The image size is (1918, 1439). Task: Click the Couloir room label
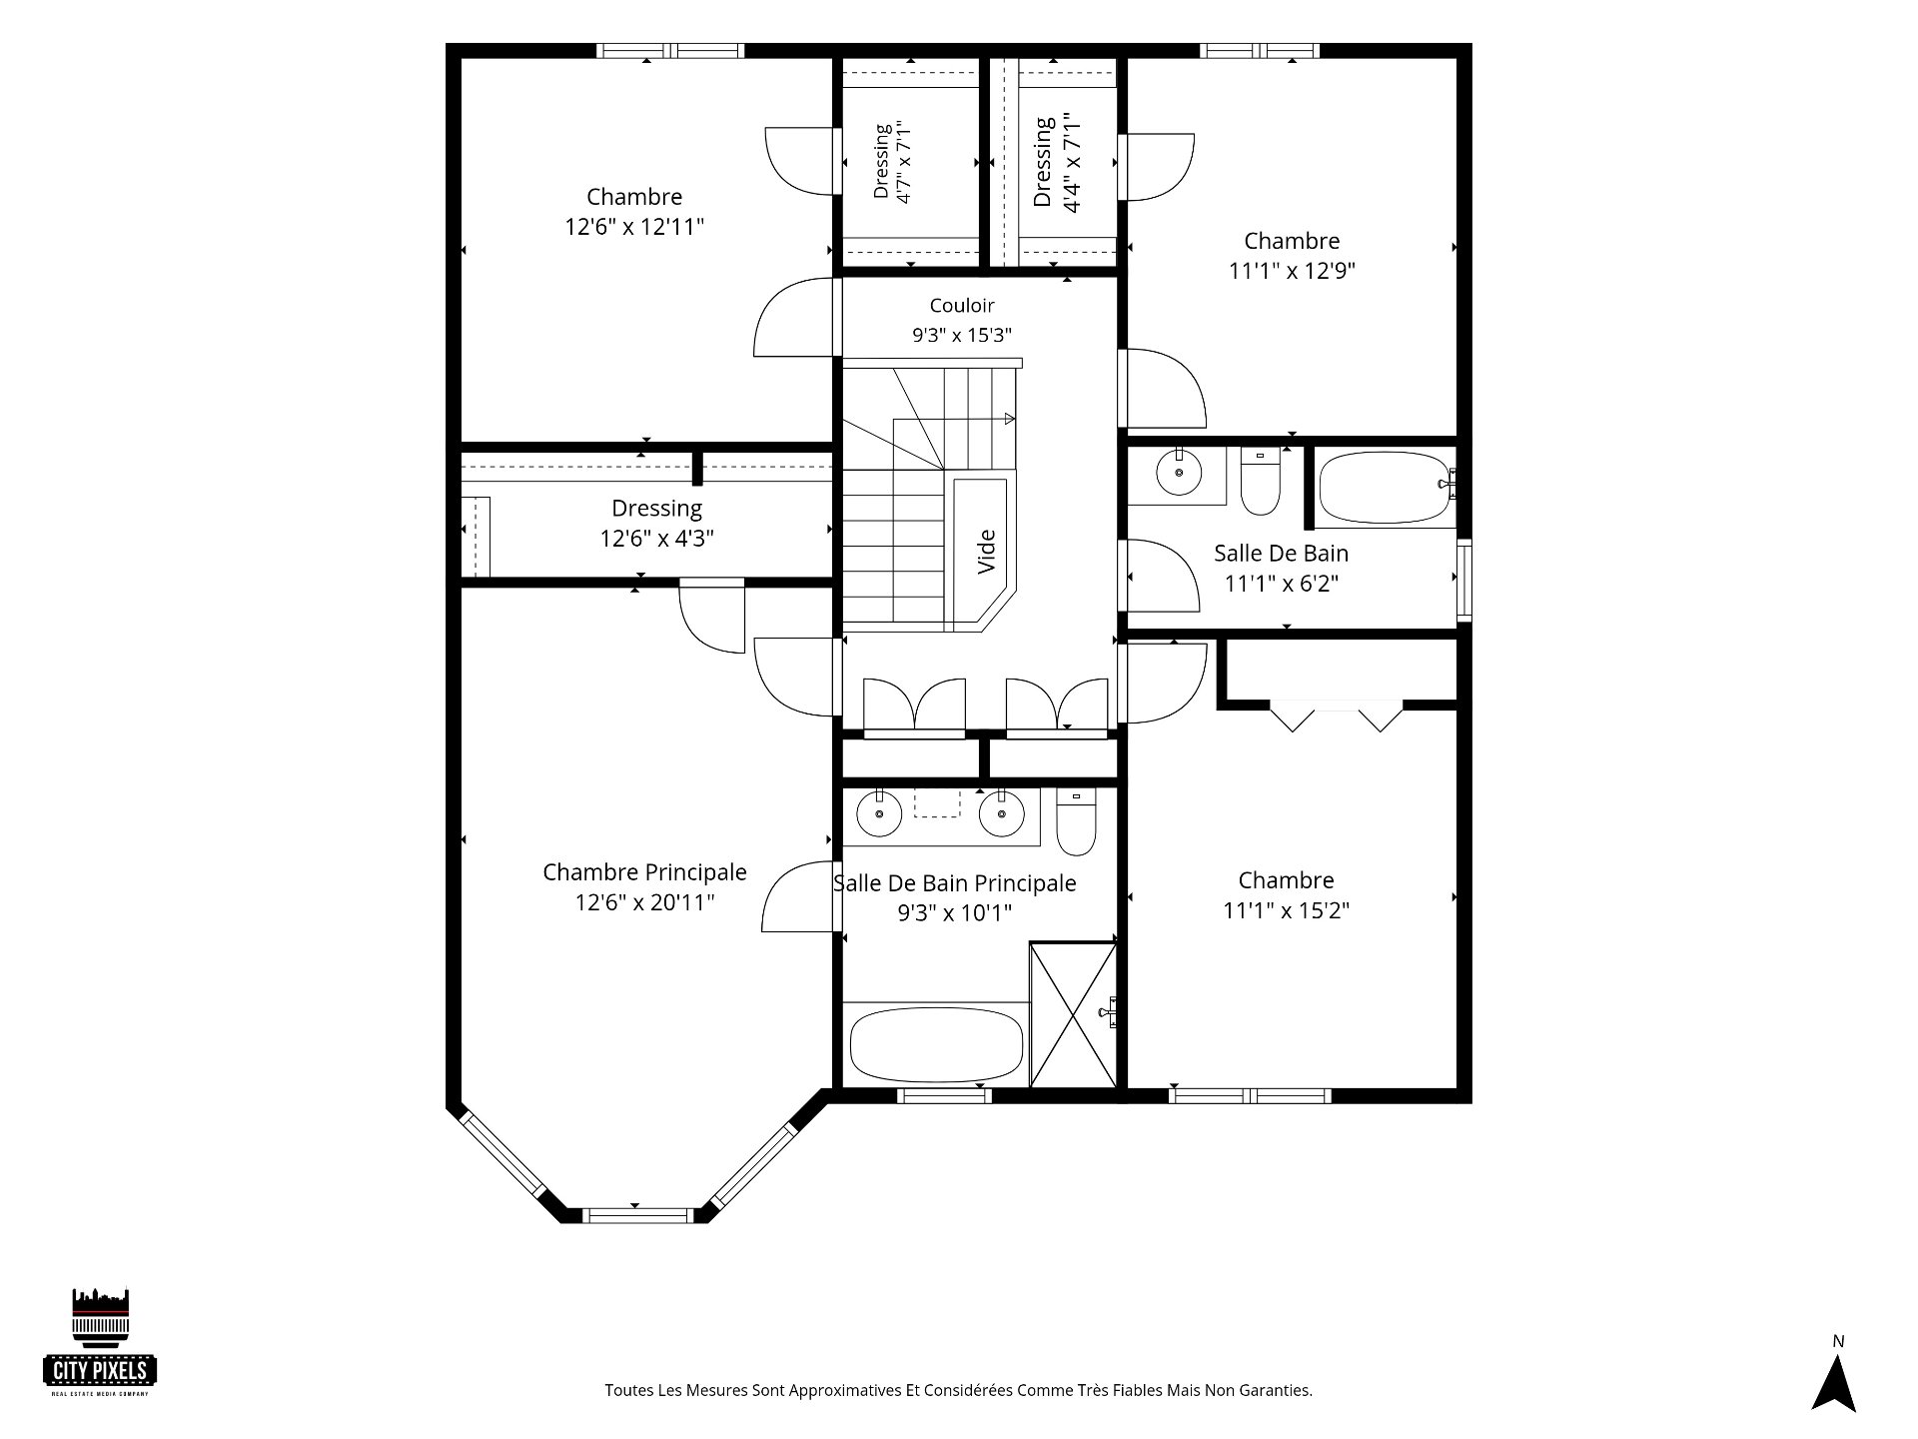[962, 306]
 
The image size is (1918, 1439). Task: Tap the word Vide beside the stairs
[987, 552]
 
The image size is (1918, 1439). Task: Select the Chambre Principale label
[644, 872]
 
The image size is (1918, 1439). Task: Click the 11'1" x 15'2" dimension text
[1287, 910]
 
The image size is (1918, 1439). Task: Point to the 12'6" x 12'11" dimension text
[634, 227]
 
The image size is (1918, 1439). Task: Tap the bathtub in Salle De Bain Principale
[936, 1044]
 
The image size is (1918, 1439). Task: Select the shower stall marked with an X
[1073, 1014]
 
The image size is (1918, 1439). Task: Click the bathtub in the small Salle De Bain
[1386, 488]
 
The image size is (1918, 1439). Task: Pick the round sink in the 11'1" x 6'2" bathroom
[1181, 472]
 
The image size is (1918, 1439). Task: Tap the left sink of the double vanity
[879, 813]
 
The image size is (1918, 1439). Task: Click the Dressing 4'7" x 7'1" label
[893, 162]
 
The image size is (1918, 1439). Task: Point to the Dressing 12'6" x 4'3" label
[656, 524]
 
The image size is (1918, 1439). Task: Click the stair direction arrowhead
[1010, 419]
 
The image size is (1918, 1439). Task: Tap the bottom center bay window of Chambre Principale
[636, 1216]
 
